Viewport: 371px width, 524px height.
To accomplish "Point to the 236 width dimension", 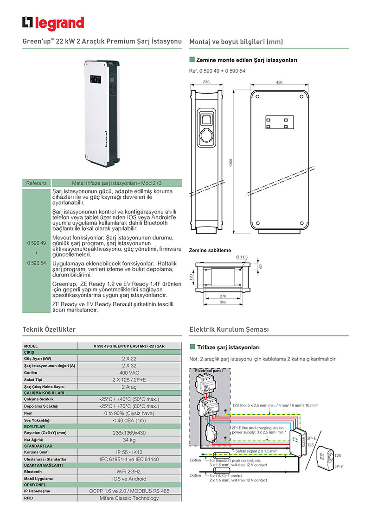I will [206, 82].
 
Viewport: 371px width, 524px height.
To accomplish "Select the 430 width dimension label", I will [279, 82].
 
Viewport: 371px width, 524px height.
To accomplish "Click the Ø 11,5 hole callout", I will [242, 257].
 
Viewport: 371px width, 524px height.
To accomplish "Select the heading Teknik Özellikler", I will [49, 329].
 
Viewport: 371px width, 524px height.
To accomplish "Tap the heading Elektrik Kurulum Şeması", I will [229, 329].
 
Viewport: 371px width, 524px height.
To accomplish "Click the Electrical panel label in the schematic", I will [209, 371].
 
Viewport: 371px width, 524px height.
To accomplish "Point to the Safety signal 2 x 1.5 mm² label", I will [256, 450].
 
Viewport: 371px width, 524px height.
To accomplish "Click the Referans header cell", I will [37, 183].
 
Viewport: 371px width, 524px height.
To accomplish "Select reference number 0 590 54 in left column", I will [37, 263].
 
